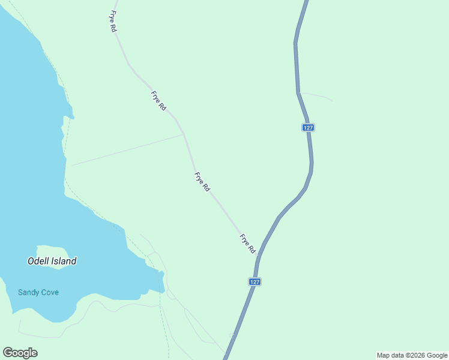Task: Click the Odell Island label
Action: pos(52,261)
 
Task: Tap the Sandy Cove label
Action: pos(38,292)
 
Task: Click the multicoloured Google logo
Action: pos(20,353)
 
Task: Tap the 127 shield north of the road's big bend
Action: pos(309,128)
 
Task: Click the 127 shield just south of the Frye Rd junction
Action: pos(255,281)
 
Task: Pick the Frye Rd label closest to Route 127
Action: pos(248,243)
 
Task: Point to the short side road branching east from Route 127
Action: pos(316,95)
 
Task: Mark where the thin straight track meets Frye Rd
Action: pos(184,134)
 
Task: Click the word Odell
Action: pos(39,261)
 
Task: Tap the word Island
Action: pos(64,261)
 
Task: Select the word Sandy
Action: pos(29,292)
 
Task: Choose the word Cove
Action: pos(50,292)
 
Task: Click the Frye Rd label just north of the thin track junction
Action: pos(158,101)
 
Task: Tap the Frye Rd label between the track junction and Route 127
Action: pos(202,182)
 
